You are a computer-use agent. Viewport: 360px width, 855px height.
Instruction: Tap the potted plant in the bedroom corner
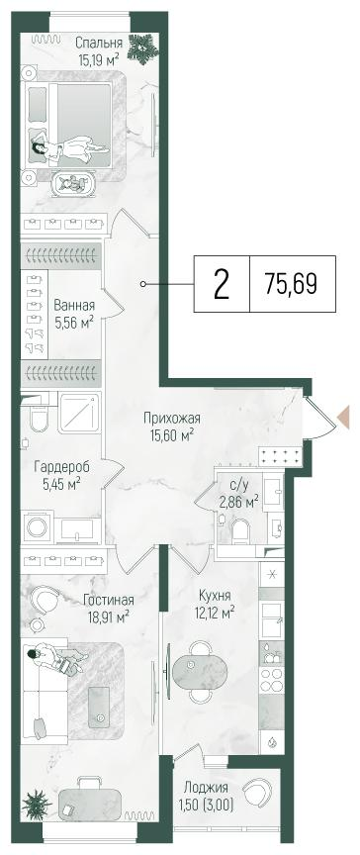coord(146,46)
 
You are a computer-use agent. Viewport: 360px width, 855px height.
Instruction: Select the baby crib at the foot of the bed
coord(72,183)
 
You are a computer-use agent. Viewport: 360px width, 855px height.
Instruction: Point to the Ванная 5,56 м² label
coord(74,313)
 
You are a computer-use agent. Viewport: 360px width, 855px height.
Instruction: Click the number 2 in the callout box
coord(222,284)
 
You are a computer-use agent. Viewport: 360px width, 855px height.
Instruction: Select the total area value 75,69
coord(291,284)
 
